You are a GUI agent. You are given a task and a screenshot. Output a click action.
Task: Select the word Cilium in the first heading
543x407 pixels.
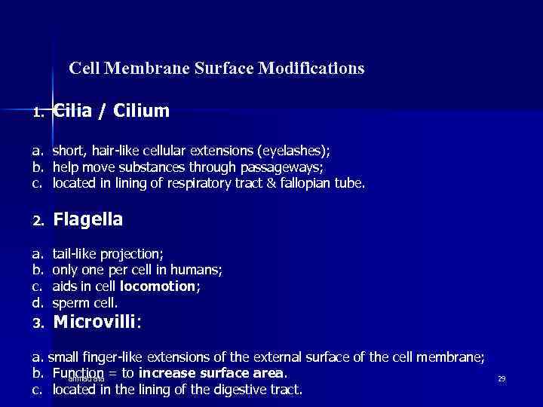[x=142, y=112]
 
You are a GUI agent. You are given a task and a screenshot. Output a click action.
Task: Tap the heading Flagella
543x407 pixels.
[x=88, y=219]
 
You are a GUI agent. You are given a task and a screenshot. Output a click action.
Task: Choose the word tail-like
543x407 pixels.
[x=75, y=253]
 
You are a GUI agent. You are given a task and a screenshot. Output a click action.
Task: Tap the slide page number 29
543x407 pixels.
[x=501, y=378]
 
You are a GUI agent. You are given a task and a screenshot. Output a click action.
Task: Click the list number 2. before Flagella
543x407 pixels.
[x=39, y=222]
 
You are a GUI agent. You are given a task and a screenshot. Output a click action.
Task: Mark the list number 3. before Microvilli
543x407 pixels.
[x=39, y=324]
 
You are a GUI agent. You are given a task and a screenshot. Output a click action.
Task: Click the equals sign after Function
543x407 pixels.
[x=114, y=373]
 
